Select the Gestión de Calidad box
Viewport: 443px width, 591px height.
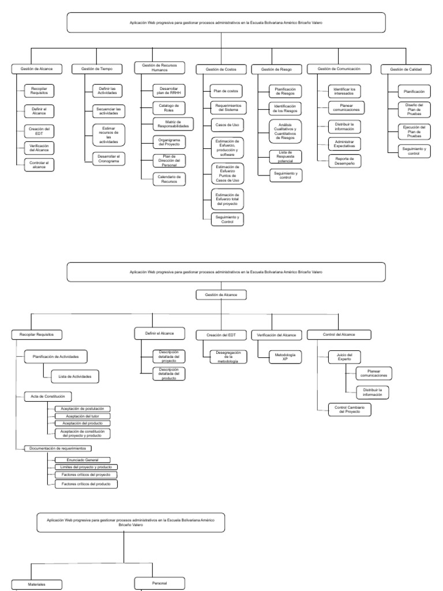pos(406,69)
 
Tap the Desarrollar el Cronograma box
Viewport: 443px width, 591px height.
pos(108,158)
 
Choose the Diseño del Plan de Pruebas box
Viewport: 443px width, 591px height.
pos(414,110)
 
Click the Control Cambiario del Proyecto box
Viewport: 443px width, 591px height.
pos(349,409)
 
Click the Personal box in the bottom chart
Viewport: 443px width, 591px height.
pos(160,583)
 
